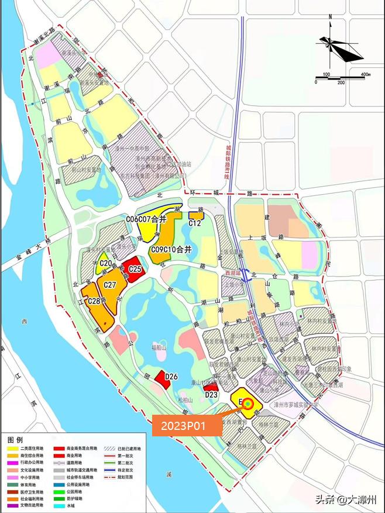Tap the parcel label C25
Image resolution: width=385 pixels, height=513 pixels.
pyautogui.click(x=136, y=269)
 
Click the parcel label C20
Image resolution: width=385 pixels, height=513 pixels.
pyautogui.click(x=106, y=264)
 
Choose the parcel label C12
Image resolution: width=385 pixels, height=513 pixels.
pyautogui.click(x=195, y=223)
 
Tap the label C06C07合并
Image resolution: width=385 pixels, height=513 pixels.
pyautogui.click(x=146, y=219)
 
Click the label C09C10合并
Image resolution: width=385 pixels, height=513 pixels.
pyautogui.click(x=171, y=249)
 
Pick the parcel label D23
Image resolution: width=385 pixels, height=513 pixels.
pyautogui.click(x=211, y=394)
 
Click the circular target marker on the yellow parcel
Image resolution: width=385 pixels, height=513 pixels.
pyautogui.click(x=249, y=404)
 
